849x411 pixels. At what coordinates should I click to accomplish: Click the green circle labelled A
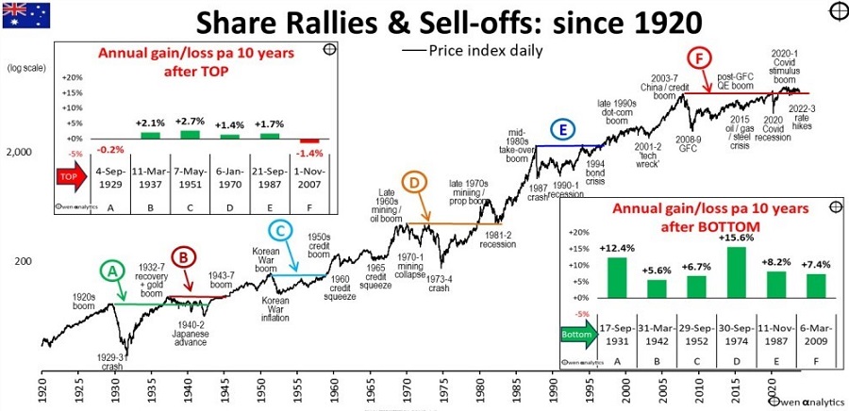(x=113, y=271)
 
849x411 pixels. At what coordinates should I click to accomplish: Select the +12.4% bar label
(x=617, y=248)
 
